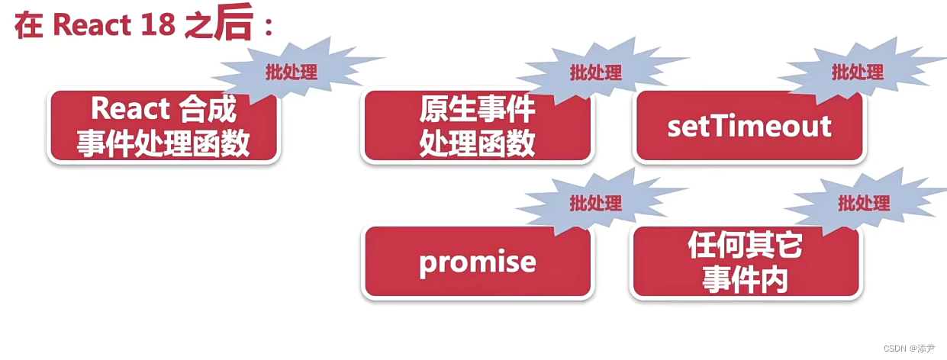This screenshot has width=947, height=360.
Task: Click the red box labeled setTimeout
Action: click(x=749, y=126)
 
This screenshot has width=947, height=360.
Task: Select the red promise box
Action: click(x=477, y=262)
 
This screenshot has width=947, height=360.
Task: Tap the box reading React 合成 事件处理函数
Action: click(x=163, y=126)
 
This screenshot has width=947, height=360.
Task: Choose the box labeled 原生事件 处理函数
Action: click(x=477, y=126)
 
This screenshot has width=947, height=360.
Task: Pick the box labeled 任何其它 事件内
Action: click(x=745, y=262)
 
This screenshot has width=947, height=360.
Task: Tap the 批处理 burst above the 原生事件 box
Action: click(x=596, y=72)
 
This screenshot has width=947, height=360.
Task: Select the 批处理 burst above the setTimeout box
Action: click(x=857, y=72)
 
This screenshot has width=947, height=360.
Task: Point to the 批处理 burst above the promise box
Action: click(x=596, y=203)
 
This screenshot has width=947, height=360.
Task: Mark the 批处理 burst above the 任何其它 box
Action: click(x=864, y=204)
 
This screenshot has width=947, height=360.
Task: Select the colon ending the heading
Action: click(x=267, y=27)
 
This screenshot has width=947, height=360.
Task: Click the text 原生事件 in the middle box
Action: click(x=477, y=111)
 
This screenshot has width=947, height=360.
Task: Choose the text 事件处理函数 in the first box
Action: click(x=163, y=143)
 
